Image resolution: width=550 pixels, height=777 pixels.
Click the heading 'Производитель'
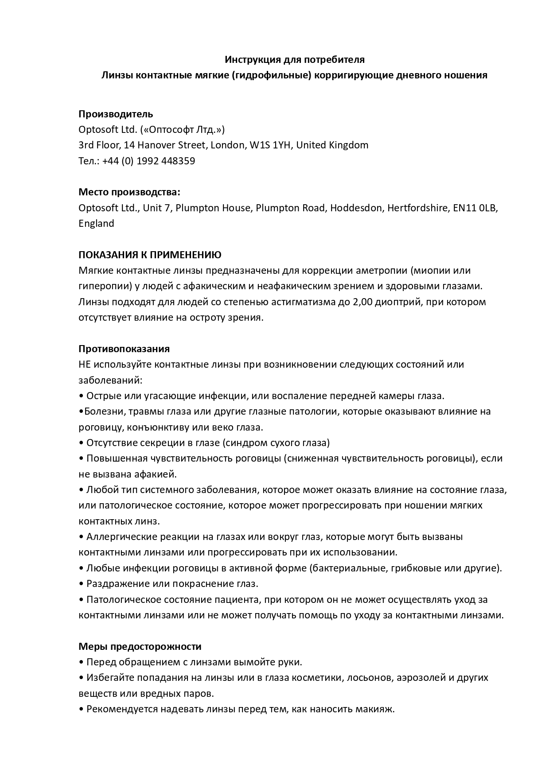pos(116,114)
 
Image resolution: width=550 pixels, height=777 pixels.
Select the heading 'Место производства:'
pos(129,192)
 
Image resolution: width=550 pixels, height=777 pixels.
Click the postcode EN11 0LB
pos(475,208)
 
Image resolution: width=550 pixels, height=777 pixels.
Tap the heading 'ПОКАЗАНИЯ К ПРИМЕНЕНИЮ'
pos(150,255)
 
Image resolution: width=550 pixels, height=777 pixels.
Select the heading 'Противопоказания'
pos(124,349)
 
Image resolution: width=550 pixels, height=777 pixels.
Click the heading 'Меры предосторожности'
pos(140,646)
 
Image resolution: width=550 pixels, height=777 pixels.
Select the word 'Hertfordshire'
pos(417,208)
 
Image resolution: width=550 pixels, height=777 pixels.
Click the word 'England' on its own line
pos(96,223)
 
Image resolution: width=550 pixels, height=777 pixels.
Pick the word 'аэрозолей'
pos(419,678)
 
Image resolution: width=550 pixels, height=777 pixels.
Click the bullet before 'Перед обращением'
pos(81,662)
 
